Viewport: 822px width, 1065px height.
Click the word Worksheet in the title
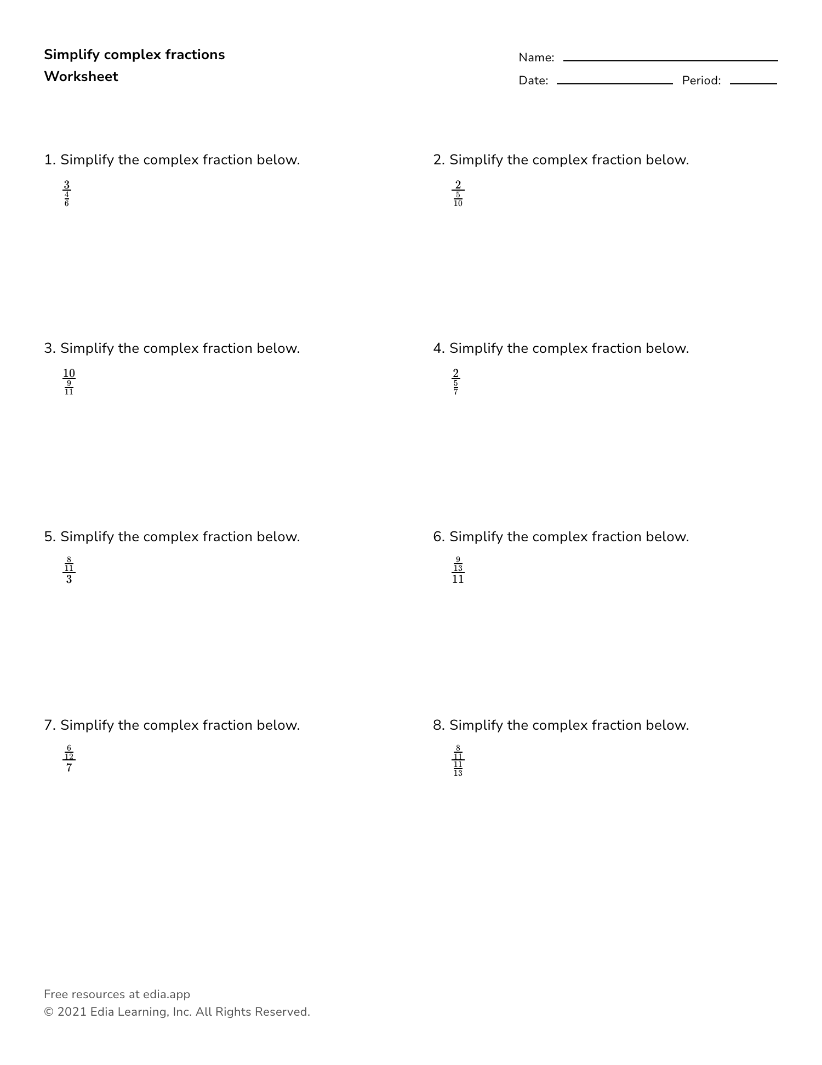[x=81, y=77]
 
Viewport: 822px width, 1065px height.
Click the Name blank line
[x=670, y=60]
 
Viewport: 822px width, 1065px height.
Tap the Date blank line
[x=614, y=83]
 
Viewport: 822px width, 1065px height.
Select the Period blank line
[x=753, y=83]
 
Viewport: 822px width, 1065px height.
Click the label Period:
[x=701, y=81]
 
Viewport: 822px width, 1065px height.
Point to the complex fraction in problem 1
[x=66, y=194]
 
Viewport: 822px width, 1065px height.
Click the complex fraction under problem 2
[x=458, y=194]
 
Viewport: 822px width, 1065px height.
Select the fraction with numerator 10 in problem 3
[x=68, y=382]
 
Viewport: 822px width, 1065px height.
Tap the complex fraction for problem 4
[x=455, y=382]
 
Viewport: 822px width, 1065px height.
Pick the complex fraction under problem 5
[x=68, y=571]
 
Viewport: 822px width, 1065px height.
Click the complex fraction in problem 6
[x=458, y=571]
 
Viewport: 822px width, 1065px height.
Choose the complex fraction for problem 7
[x=68, y=759]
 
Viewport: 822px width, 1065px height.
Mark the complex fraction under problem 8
[x=458, y=761]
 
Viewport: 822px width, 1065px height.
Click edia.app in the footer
[x=166, y=994]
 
